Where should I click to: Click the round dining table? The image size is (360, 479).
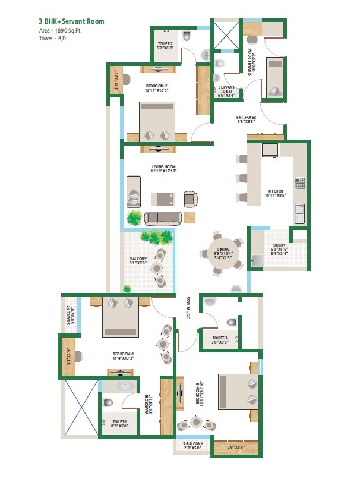221,253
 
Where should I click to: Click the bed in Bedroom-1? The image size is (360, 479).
121,317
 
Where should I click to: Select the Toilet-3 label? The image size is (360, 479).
220,339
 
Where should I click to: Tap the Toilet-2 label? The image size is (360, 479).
165,46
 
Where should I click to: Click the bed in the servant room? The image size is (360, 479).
274,78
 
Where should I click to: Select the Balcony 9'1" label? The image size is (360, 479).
138,261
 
